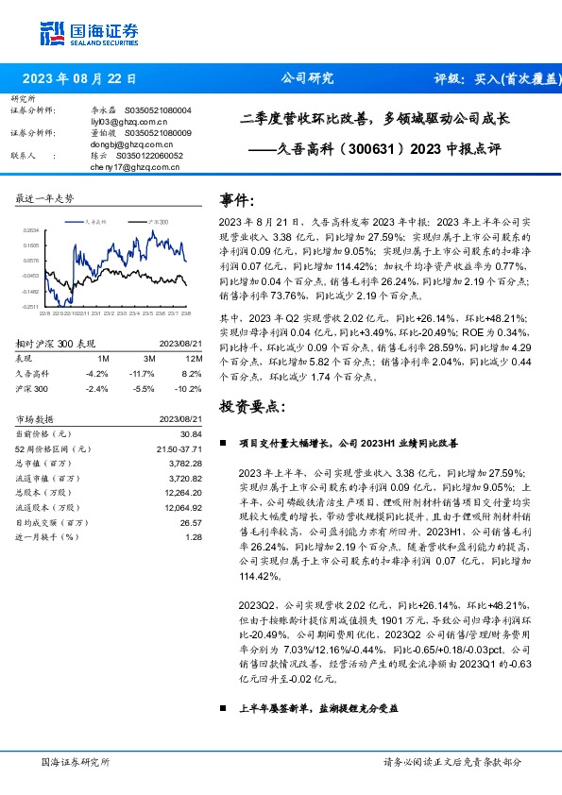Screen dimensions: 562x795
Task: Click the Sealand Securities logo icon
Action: click(53, 33)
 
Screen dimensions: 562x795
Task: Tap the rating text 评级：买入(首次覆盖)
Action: click(491, 78)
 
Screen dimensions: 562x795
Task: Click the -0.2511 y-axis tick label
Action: click(32, 306)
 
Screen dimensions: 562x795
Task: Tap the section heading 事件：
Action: click(237, 200)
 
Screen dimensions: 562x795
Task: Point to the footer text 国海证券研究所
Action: click(76, 761)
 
